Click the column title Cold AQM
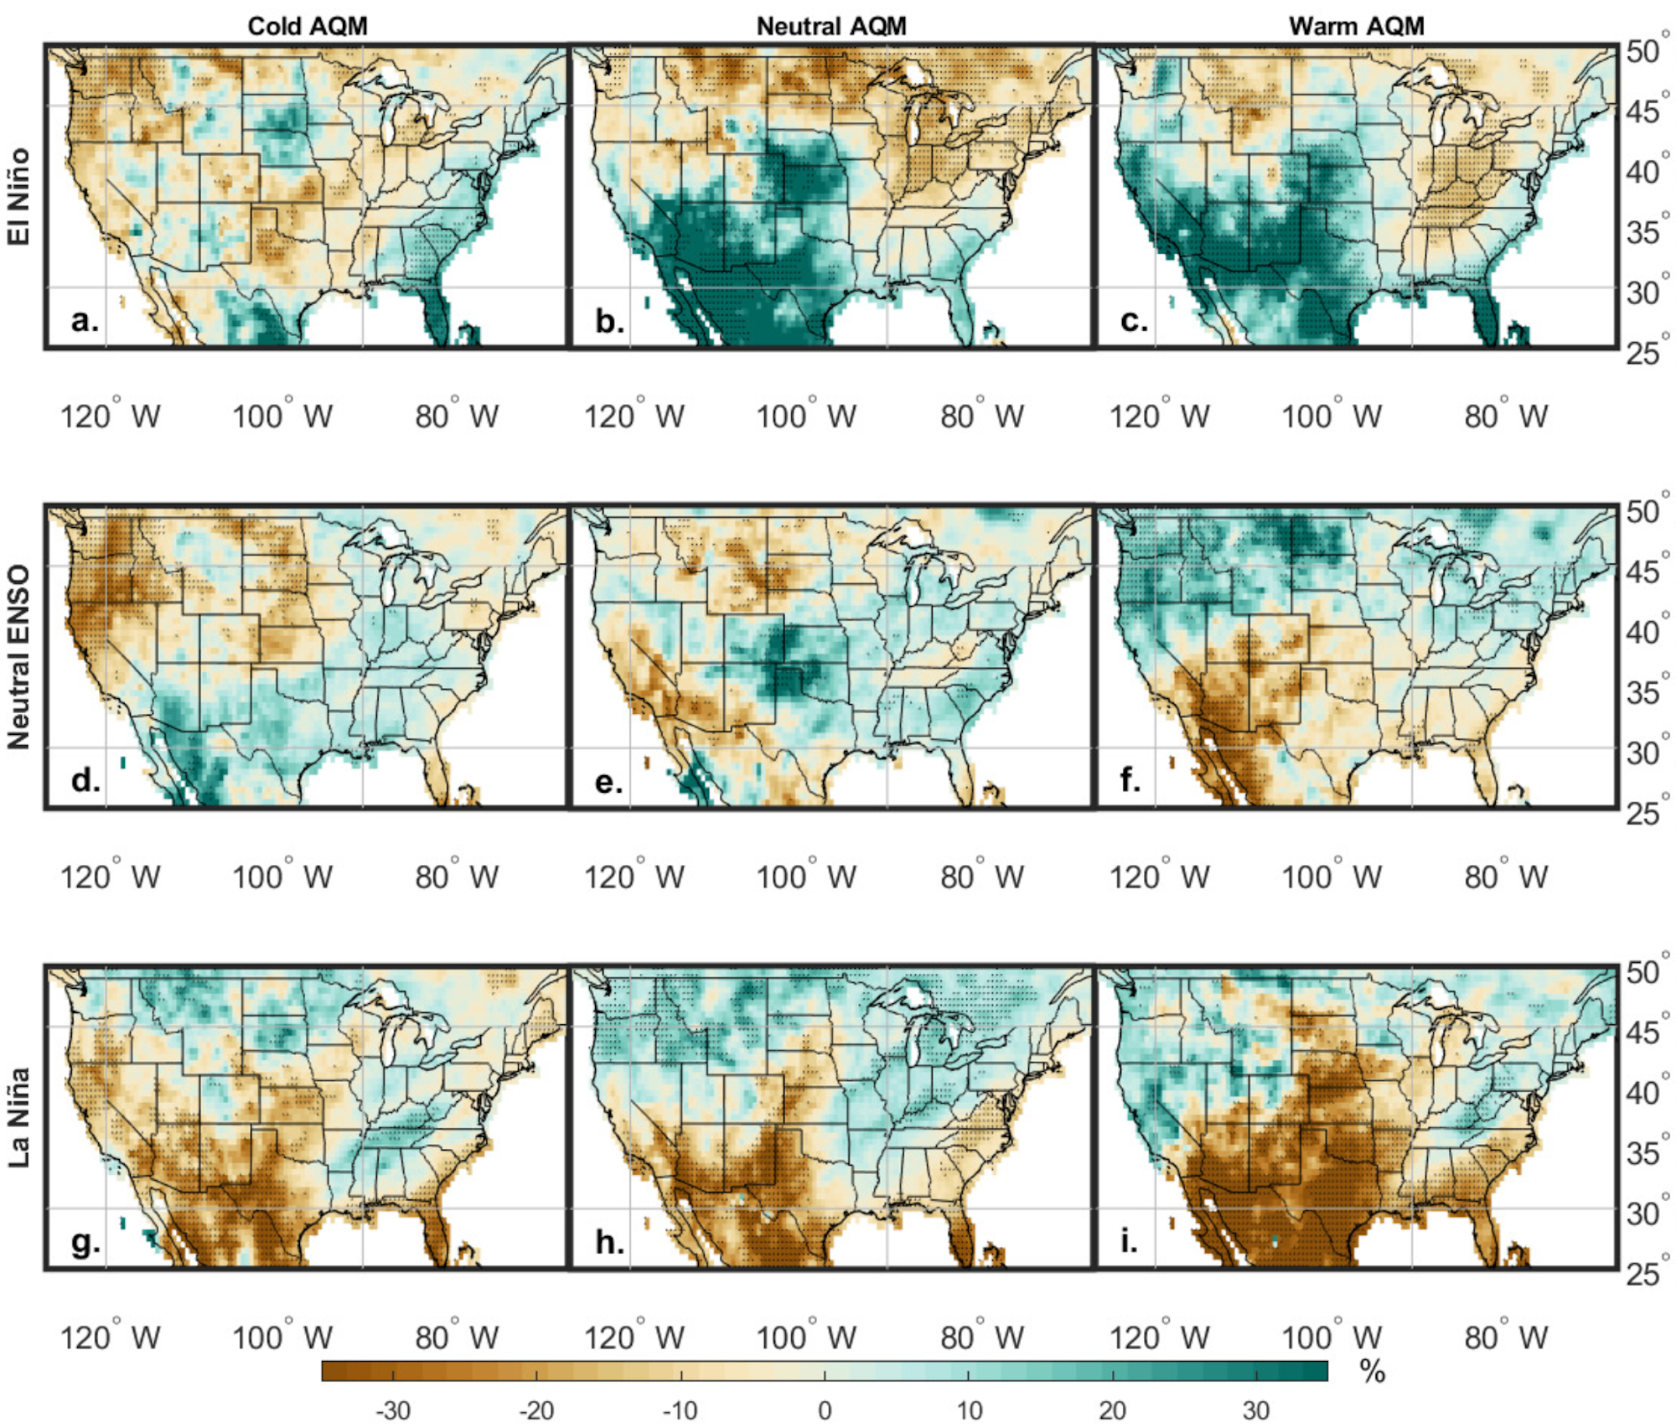point(308,26)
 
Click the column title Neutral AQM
point(831,26)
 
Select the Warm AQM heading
point(1356,26)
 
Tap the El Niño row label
point(18,197)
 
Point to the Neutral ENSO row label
point(18,657)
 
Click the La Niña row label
point(18,1117)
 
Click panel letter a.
point(84,319)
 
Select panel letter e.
point(608,781)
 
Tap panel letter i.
point(1129,1241)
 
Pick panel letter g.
point(85,1242)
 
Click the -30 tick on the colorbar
point(392,1410)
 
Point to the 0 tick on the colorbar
point(825,1410)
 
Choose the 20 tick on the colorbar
point(1112,1410)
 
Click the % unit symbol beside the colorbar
point(1372,1372)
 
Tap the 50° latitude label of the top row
point(1645,52)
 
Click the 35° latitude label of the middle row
point(1645,693)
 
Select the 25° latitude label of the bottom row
point(1645,1274)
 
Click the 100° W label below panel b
point(806,416)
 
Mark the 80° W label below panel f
point(1506,877)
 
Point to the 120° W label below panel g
point(110,1337)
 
